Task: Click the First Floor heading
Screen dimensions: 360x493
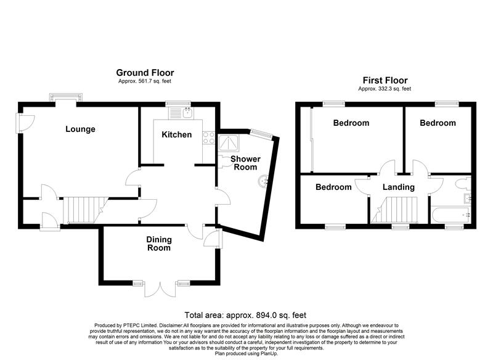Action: [385, 81]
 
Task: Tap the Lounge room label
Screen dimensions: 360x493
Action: [81, 129]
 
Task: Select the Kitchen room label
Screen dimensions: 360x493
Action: [177, 134]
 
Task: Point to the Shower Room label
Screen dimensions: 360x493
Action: [245, 163]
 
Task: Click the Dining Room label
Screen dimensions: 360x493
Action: [159, 243]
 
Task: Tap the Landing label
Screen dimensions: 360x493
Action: [398, 187]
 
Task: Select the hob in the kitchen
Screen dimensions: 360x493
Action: [206, 139]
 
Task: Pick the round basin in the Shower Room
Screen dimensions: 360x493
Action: [263, 181]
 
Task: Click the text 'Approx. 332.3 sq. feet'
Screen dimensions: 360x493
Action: [385, 89]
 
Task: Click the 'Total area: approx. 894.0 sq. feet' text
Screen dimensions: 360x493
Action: [246, 314]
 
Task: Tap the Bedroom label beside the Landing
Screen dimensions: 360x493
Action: [333, 187]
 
